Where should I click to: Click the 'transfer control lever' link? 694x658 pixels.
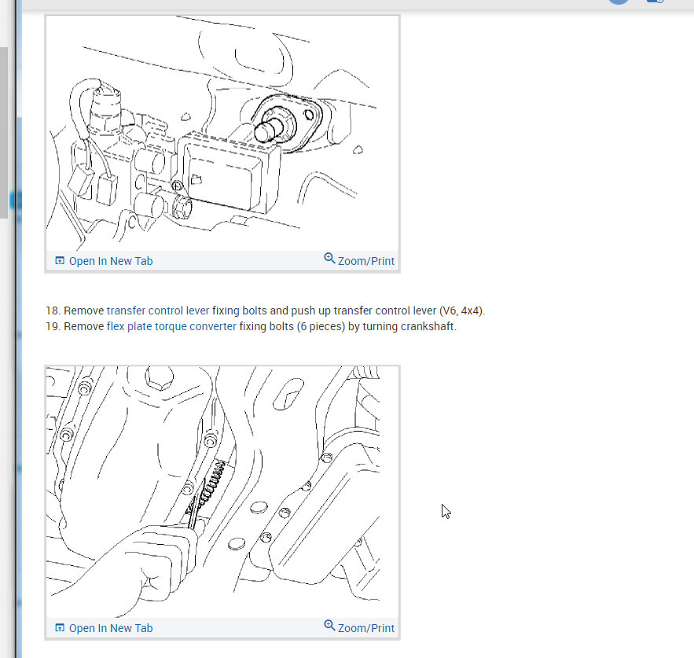point(158,311)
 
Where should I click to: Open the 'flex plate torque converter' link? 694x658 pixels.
point(171,326)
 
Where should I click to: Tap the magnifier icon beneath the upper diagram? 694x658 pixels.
point(329,258)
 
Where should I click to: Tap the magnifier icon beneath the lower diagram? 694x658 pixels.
point(329,625)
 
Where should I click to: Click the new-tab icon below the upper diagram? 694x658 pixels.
point(60,260)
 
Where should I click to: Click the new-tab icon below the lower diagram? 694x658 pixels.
point(60,627)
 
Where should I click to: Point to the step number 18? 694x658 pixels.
point(53,311)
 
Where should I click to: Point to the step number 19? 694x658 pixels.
point(53,326)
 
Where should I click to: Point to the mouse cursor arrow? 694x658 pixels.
point(446,511)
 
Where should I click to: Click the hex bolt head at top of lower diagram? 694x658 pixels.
point(160,377)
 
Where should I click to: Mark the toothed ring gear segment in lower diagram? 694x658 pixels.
point(211,483)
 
